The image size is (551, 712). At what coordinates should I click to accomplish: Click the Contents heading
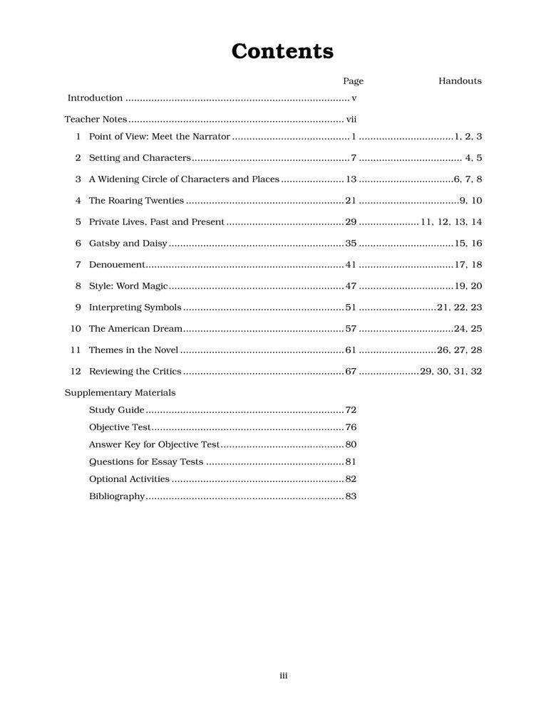[282, 51]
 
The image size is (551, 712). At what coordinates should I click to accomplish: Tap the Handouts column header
[460, 81]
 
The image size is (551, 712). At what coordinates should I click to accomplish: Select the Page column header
[353, 81]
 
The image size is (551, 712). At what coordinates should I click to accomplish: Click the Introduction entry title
[95, 98]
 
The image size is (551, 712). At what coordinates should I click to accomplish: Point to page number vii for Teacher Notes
[351, 120]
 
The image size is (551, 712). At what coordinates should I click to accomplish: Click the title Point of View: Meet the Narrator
[160, 136]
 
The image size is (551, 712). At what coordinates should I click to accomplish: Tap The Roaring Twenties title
[136, 201]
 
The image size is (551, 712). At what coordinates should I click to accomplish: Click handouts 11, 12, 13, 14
[452, 222]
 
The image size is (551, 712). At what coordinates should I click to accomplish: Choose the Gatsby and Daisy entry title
[128, 244]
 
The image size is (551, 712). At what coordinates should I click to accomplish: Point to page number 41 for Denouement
[351, 265]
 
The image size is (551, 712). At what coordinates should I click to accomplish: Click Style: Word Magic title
[128, 286]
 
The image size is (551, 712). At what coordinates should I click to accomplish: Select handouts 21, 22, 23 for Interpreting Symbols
[460, 308]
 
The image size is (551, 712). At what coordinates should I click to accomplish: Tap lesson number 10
[76, 329]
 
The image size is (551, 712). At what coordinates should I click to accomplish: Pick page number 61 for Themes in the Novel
[351, 350]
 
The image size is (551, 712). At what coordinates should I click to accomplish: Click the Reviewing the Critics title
[135, 372]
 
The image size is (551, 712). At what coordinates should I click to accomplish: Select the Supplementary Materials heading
[120, 392]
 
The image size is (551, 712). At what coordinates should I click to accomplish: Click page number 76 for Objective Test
[351, 427]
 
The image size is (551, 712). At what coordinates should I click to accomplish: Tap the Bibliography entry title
[117, 496]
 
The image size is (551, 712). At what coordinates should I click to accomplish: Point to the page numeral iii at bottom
[283, 676]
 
